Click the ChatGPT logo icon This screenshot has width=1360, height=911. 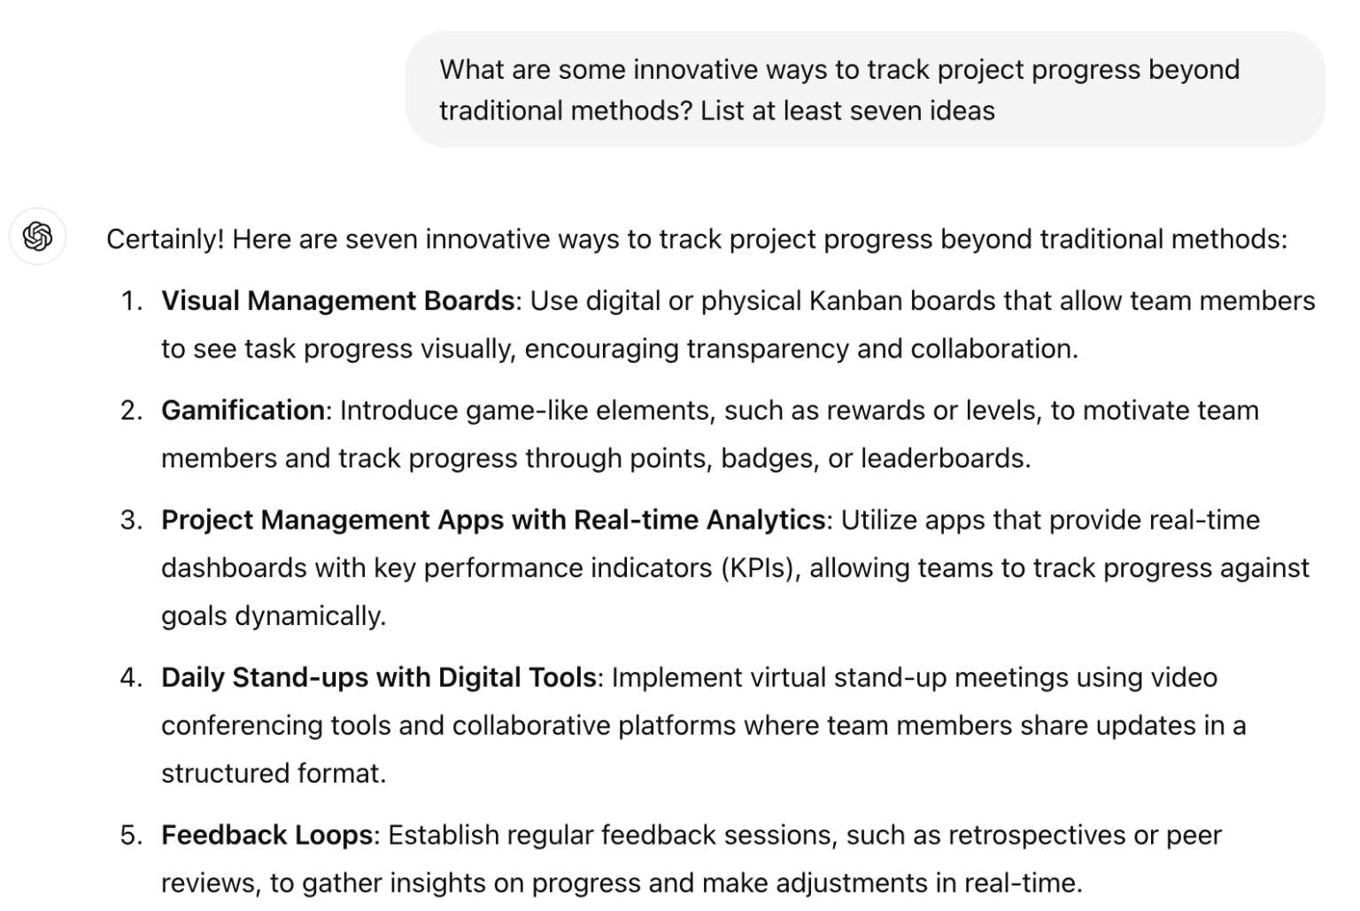[38, 236]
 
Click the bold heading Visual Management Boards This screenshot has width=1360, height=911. [337, 301]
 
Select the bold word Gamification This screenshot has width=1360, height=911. [243, 411]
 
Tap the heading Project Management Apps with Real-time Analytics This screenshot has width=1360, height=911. [492, 521]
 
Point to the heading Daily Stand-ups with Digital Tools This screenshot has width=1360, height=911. [378, 678]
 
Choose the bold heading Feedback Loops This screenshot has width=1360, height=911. [267, 836]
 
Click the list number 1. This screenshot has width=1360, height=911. [130, 301]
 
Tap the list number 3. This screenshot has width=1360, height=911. [130, 521]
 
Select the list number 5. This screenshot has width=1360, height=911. [130, 836]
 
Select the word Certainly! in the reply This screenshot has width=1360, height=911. [165, 240]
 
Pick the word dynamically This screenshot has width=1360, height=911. [310, 616]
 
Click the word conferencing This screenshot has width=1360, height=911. [242, 726]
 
